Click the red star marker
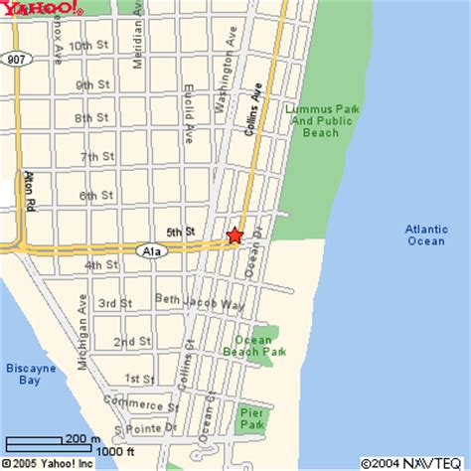[x=235, y=235]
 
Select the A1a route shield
[x=151, y=251]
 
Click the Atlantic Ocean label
[x=424, y=235]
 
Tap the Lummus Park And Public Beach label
[x=314, y=119]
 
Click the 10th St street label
[x=88, y=46]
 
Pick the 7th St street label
[x=96, y=157]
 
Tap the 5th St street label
[x=180, y=233]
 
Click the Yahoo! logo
[x=41, y=9]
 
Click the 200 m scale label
[x=81, y=438]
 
